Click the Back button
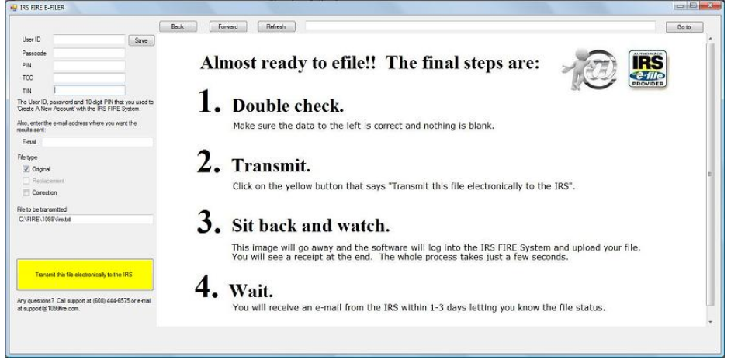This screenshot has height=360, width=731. click(x=178, y=26)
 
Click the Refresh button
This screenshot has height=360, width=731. click(x=276, y=26)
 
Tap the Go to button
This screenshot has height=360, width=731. click(x=684, y=27)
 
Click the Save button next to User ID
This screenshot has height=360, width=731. click(x=141, y=40)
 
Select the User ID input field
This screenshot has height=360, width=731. click(x=89, y=40)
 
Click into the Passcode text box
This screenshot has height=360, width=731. click(x=89, y=54)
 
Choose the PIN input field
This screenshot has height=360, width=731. click(x=89, y=66)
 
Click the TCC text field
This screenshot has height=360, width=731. click(x=89, y=78)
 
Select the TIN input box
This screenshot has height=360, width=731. click(x=89, y=90)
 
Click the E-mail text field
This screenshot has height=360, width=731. click(x=98, y=142)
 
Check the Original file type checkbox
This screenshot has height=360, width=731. click(x=26, y=169)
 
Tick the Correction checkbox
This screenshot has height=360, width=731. click(x=26, y=192)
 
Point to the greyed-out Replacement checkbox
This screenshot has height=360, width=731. click(x=26, y=181)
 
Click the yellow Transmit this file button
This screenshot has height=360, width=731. click(x=85, y=275)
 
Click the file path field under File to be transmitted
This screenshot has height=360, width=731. click(x=85, y=219)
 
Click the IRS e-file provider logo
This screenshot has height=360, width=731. click(x=647, y=69)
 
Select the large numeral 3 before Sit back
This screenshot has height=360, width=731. click(x=208, y=223)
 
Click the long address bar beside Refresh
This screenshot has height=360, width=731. click(x=480, y=26)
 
